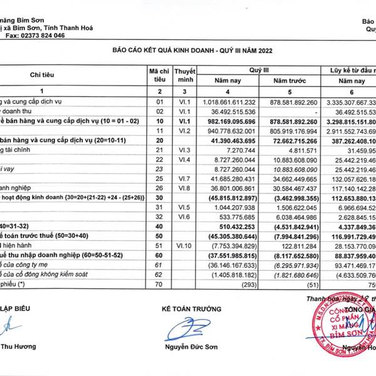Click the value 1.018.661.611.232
click(229, 102)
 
